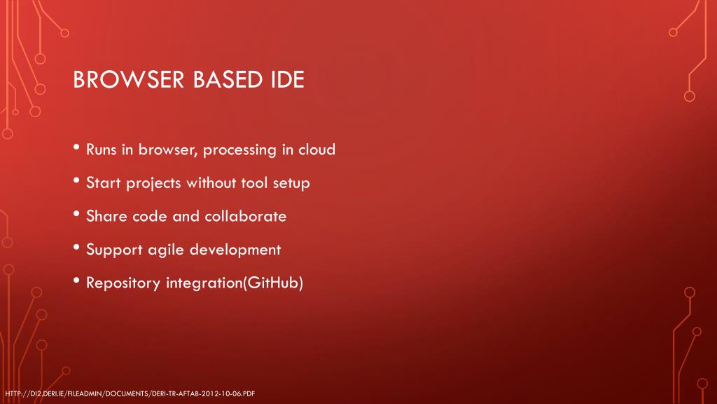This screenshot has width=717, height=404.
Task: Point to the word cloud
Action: [317, 149]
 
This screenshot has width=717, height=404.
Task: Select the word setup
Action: [291, 184]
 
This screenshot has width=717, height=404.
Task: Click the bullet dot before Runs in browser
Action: [76, 149]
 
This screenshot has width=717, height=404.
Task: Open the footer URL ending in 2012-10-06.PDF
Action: [129, 393]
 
